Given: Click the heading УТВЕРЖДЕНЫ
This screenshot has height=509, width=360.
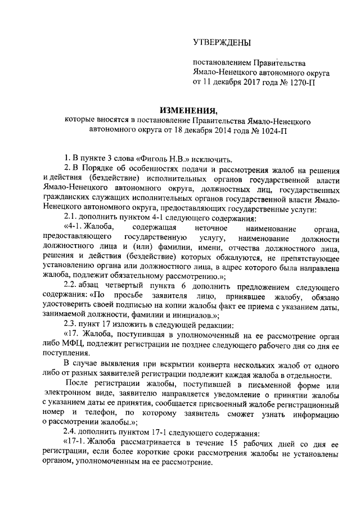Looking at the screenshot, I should coord(222,42).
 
